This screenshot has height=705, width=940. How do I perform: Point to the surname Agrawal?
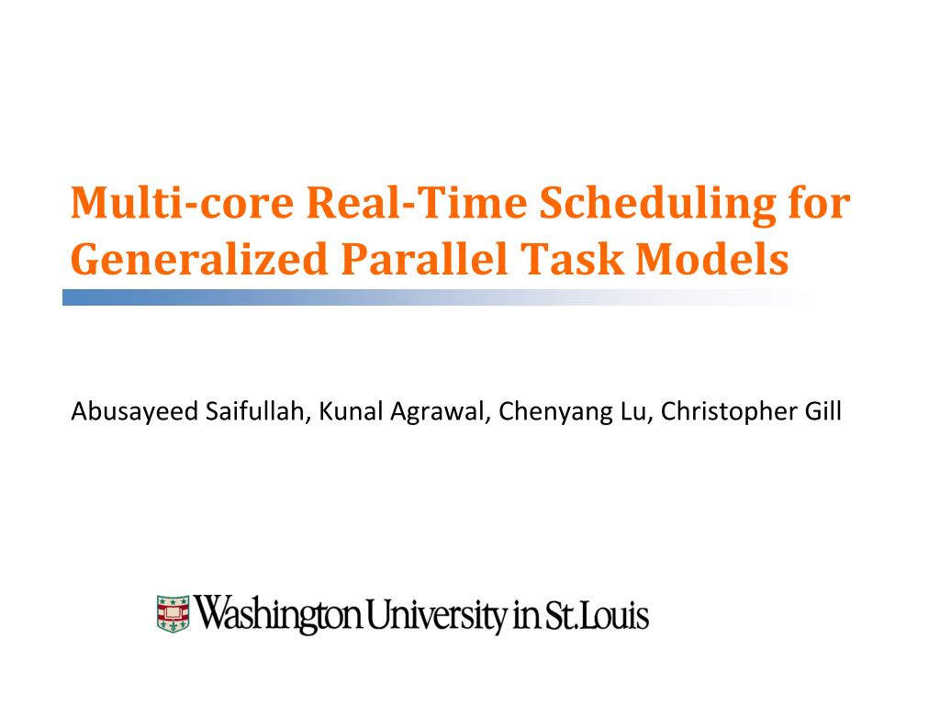(441, 411)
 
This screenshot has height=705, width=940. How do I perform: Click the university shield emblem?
(172, 612)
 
